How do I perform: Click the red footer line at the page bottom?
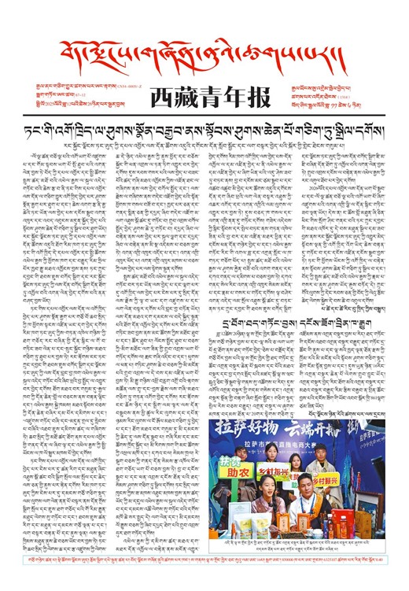[x=204, y=577]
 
